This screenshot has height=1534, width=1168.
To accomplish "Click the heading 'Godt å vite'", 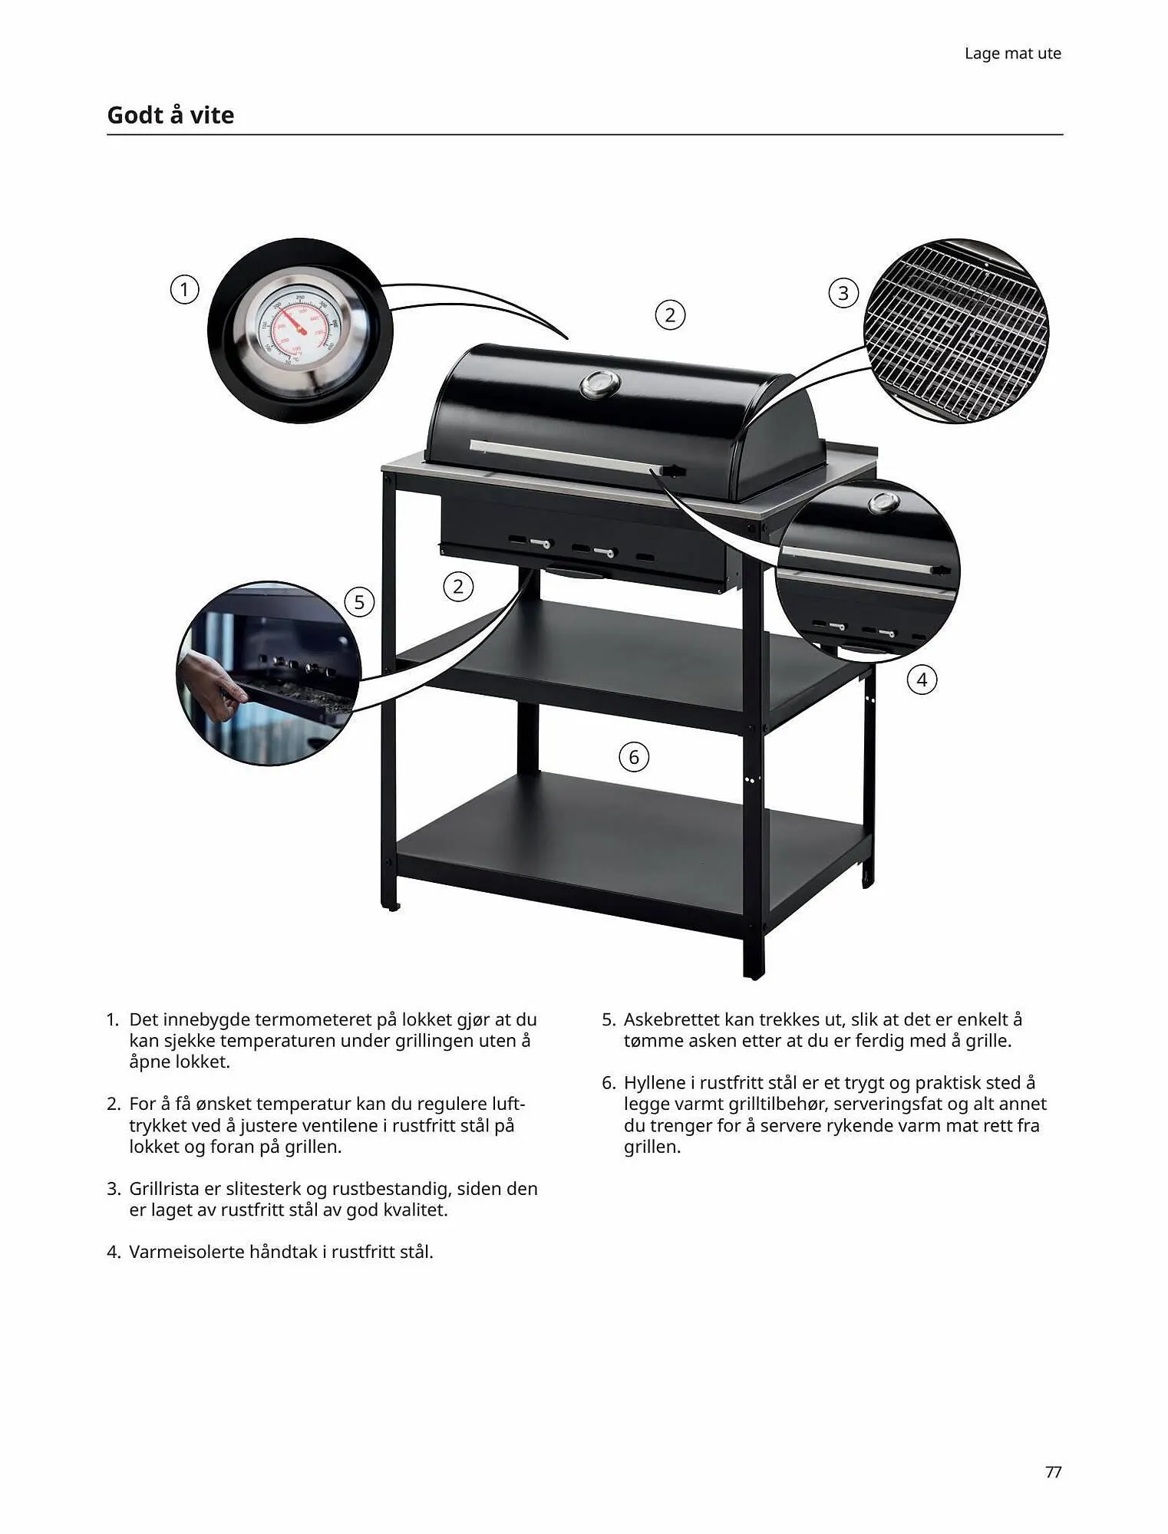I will (x=170, y=115).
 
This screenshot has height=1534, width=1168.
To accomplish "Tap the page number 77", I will (x=1053, y=1472).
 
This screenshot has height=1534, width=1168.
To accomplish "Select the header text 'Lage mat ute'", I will (x=1012, y=54).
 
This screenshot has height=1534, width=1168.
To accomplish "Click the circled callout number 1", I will (x=184, y=290).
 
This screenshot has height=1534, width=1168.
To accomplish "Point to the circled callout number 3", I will (x=843, y=293).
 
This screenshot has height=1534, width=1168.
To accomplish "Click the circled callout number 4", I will (x=922, y=680).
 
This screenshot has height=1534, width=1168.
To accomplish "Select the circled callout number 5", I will (x=359, y=602).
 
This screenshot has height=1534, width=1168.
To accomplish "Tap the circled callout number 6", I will (x=634, y=757).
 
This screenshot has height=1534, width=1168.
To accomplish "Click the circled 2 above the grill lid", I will (x=670, y=315).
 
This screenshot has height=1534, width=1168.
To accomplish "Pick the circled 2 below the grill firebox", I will (x=458, y=587).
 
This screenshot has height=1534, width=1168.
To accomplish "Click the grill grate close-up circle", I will (x=956, y=331).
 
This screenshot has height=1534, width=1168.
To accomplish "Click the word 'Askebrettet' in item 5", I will (x=671, y=1020).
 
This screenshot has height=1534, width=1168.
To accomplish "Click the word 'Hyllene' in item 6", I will (x=658, y=1083).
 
